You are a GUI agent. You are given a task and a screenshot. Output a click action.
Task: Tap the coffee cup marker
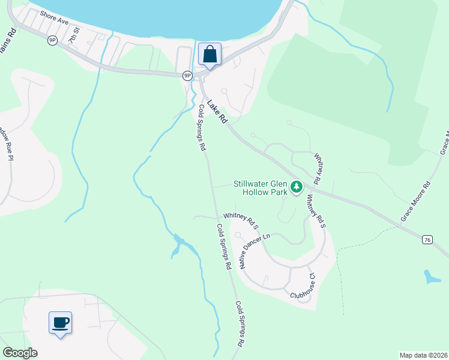[60, 323]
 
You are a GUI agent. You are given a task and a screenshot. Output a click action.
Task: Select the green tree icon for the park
[296, 188]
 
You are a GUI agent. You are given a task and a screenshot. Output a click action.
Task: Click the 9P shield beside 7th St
[53, 40]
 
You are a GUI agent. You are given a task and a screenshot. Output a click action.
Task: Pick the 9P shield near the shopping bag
[187, 75]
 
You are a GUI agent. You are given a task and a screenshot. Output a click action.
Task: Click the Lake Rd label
[217, 112]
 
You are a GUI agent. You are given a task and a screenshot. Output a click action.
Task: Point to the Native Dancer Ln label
[251, 250]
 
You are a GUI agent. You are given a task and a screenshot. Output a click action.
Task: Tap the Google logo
[20, 353]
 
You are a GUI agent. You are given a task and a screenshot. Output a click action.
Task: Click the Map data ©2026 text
[423, 355]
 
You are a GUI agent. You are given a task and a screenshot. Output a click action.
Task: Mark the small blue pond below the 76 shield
[432, 277]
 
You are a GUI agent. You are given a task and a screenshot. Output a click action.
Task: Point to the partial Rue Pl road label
[7, 145]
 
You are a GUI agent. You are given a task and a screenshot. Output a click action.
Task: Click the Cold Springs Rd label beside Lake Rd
[202, 127]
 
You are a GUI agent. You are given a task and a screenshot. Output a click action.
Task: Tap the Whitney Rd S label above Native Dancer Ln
[240, 220]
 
